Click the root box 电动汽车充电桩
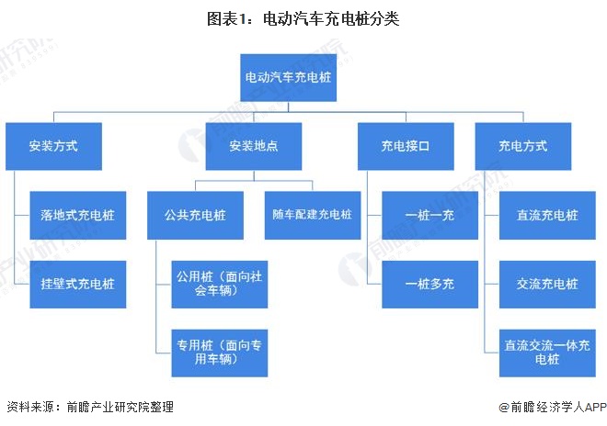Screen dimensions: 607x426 (289, 78)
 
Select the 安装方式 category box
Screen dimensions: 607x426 (54, 146)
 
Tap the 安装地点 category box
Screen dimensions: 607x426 (254, 146)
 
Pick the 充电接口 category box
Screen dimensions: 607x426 (406, 146)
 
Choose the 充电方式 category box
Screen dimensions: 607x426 (523, 146)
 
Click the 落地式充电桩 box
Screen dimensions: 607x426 (78, 216)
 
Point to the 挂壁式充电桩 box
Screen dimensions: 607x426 (78, 284)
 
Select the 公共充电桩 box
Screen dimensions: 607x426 (195, 216)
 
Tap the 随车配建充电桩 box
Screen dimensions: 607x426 (313, 216)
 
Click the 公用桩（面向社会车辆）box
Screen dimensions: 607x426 (220, 284)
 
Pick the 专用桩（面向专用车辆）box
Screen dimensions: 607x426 (220, 353)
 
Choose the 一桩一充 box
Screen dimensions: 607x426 (429, 216)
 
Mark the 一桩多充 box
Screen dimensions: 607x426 (429, 284)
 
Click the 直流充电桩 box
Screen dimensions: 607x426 (547, 216)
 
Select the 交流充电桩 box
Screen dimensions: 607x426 (547, 284)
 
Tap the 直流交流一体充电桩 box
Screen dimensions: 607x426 (547, 353)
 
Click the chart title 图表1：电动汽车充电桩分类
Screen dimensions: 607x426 (303, 18)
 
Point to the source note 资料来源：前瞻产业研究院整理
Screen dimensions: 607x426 (90, 407)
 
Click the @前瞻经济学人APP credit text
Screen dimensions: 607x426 (553, 407)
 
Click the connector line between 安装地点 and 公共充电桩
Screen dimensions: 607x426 (224, 181)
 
